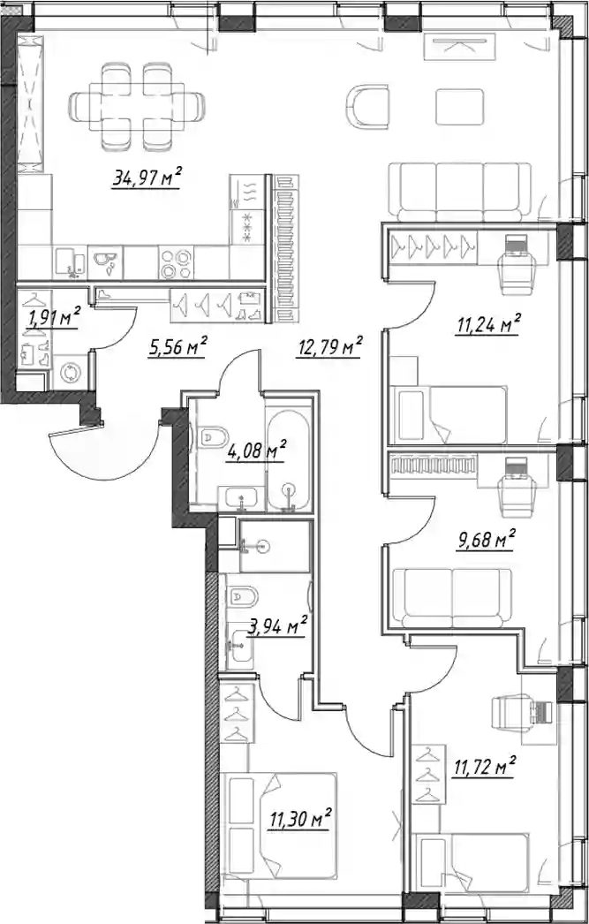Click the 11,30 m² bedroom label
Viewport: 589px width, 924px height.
coord(300,818)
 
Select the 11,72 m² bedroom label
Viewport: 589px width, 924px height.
coord(484,768)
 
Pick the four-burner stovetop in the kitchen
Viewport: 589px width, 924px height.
coord(177,263)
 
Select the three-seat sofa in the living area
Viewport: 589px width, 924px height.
coord(460,192)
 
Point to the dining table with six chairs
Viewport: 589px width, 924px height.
coord(138,107)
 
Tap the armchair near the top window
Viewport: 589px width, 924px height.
coord(367,106)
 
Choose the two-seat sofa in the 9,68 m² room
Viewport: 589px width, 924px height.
coord(452,598)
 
